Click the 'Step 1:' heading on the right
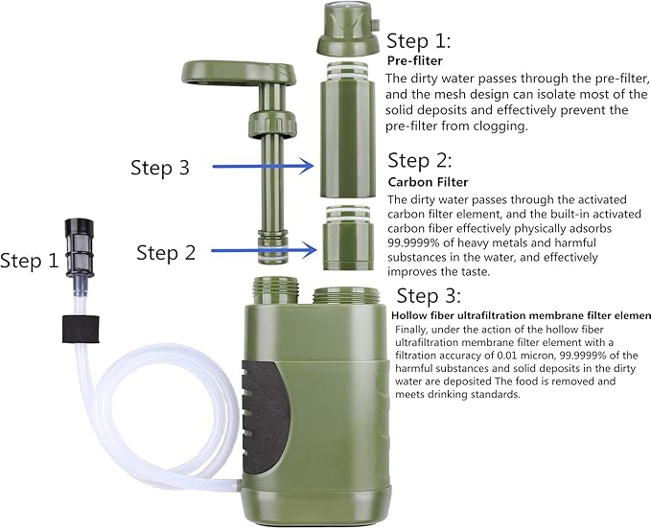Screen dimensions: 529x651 418,41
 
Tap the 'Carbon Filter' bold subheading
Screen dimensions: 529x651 429,181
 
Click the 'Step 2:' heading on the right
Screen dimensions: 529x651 419,160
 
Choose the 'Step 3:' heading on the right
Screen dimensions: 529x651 429,295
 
